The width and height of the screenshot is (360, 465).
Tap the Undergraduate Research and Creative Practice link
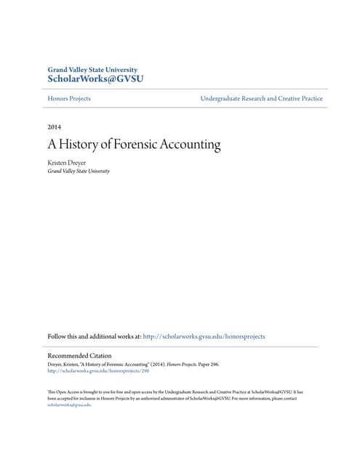click(x=261, y=98)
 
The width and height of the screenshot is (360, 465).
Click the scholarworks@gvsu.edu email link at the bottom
click(x=68, y=405)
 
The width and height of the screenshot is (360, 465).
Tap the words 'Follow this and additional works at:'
click(x=97, y=336)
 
